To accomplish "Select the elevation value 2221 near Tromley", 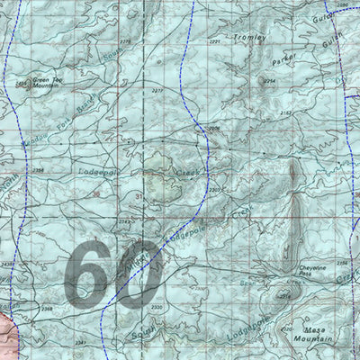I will point(214,42).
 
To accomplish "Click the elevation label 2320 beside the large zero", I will point(157,307).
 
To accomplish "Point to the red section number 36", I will point(96,193).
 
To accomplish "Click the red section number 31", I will point(139,195).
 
